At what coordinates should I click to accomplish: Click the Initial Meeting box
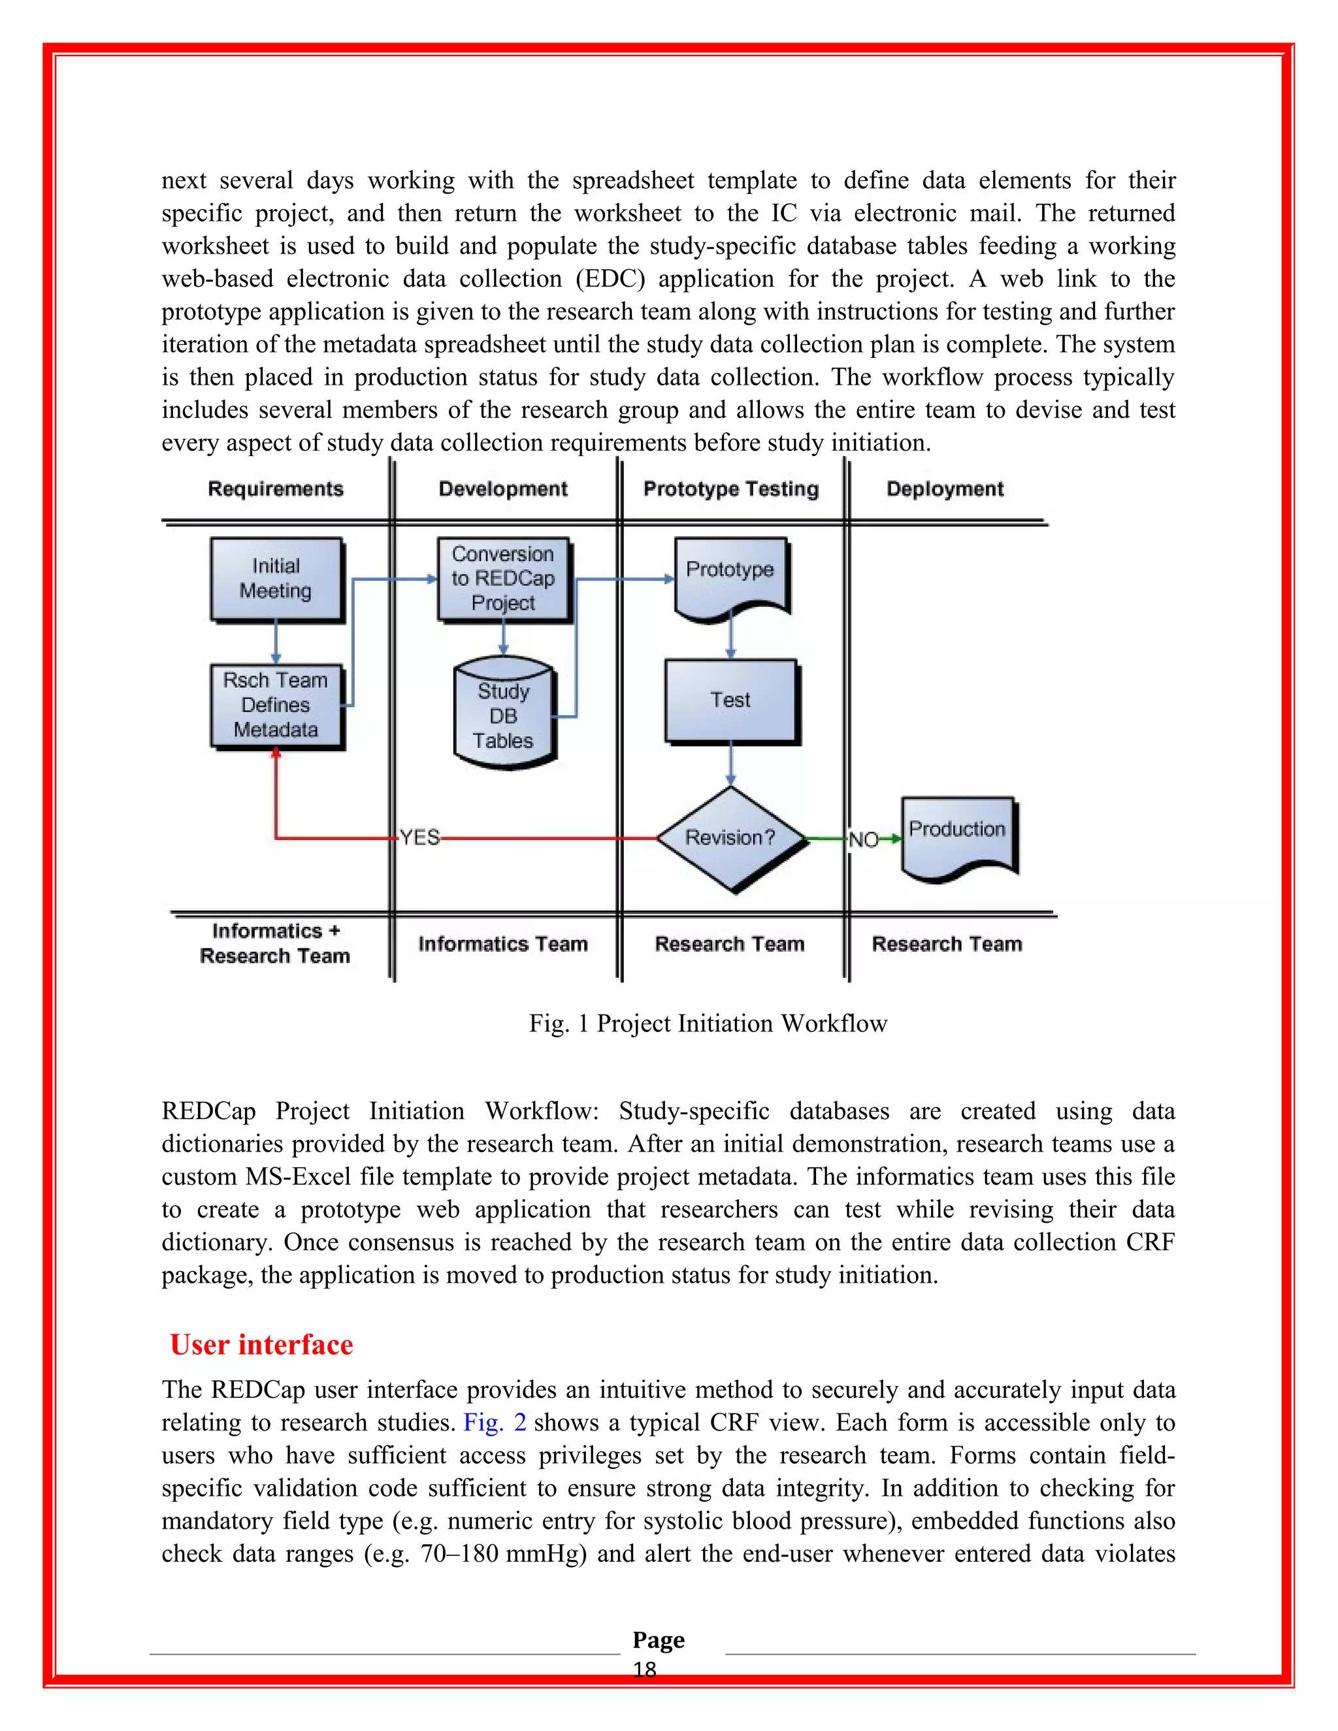point(276,579)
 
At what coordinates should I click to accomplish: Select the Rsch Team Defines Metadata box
point(276,705)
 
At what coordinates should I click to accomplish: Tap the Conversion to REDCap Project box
point(503,579)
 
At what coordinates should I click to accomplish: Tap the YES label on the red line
point(419,838)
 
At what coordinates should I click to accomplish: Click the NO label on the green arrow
point(863,839)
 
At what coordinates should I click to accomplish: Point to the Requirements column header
point(276,489)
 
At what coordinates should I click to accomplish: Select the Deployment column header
point(945,489)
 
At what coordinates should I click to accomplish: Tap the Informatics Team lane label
point(503,944)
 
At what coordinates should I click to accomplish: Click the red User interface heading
point(261,1345)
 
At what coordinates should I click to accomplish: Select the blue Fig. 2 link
point(495,1423)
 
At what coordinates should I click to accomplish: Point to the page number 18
point(644,1670)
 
